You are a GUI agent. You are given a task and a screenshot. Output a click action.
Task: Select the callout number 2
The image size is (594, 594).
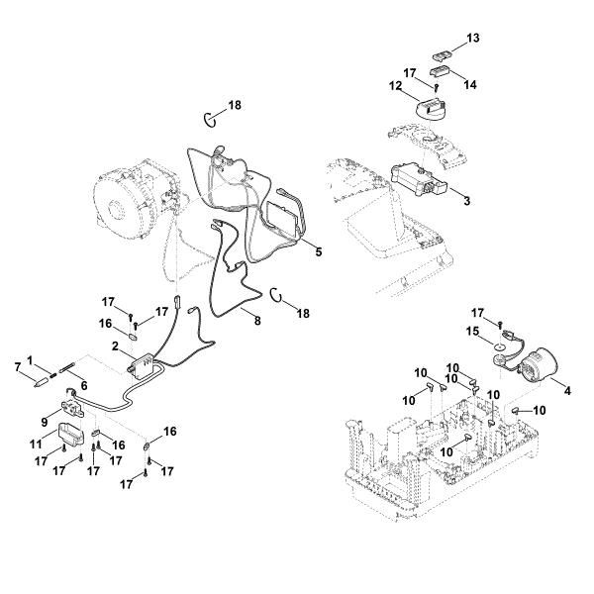point(116,346)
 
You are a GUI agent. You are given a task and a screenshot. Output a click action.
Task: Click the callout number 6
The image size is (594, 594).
point(83,385)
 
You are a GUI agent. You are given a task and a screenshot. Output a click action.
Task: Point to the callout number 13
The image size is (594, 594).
point(473,38)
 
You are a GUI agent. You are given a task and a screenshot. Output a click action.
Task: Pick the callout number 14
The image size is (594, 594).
point(470,85)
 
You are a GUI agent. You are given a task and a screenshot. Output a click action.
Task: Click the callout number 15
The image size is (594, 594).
point(473,332)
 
